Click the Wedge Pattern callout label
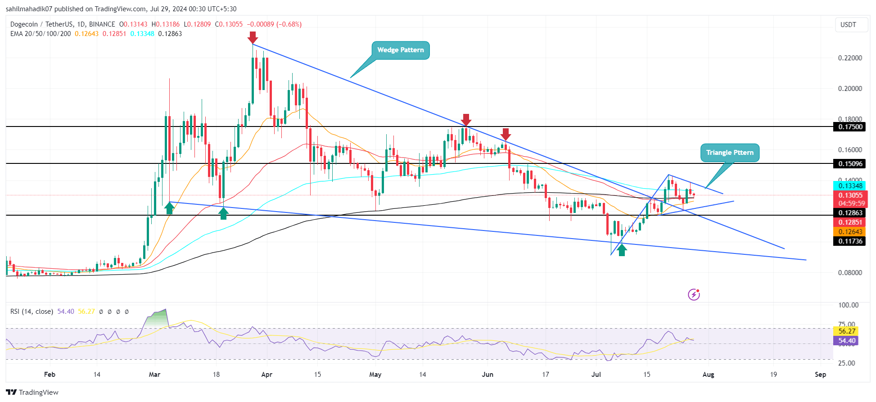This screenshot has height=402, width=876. click(400, 50)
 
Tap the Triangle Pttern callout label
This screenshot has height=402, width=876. click(729, 153)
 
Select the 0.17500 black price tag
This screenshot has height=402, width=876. click(850, 127)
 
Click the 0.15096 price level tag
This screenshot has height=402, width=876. click(850, 164)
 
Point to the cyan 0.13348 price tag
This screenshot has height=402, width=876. click(850, 186)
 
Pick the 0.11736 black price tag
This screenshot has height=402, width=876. click(850, 241)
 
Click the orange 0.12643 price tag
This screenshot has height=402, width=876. click(850, 232)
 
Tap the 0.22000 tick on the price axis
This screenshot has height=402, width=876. click(850, 58)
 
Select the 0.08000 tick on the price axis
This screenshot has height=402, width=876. click(850, 273)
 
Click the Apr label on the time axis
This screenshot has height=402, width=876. click(267, 375)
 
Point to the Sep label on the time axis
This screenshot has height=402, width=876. click(820, 375)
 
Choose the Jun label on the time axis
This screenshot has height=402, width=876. click(488, 375)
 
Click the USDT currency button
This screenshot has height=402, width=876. click(849, 25)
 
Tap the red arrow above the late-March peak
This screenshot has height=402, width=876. click(253, 37)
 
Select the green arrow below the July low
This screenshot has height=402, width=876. click(622, 250)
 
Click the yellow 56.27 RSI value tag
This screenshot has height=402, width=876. click(846, 331)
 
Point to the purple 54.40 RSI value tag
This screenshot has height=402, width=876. click(846, 341)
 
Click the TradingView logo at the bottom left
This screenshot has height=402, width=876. click(32, 392)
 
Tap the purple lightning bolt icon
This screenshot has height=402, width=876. click(694, 295)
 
